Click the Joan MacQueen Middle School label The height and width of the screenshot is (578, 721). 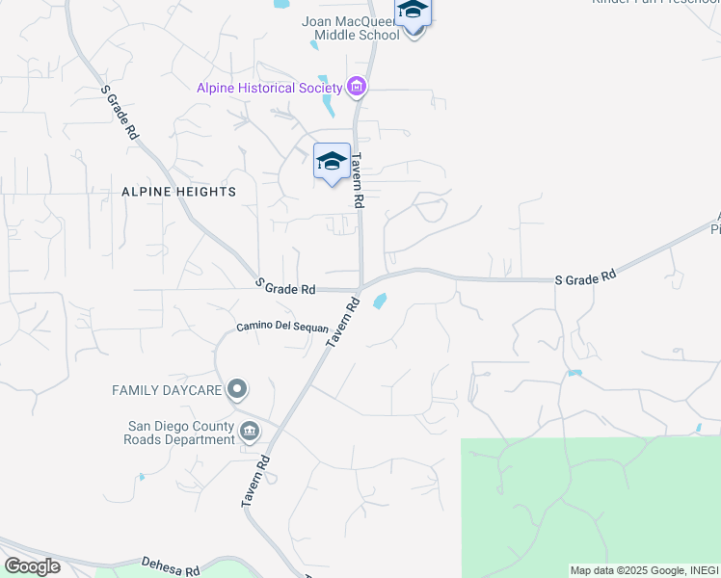[351, 28]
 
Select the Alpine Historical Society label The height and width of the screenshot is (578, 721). [270, 88]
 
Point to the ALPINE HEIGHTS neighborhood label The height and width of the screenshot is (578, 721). [179, 192]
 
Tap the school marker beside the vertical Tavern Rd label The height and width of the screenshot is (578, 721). [332, 162]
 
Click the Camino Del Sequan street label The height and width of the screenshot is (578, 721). [282, 328]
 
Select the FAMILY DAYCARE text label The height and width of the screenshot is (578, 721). [168, 390]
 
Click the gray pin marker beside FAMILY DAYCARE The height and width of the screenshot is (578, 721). [237, 390]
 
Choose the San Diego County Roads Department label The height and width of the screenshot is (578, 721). [182, 433]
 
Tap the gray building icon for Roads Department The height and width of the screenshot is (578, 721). [250, 431]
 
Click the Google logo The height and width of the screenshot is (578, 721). [32, 566]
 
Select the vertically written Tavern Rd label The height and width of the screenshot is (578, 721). [358, 181]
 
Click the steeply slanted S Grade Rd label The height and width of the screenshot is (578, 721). [120, 114]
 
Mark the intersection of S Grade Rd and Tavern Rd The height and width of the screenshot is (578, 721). [360, 286]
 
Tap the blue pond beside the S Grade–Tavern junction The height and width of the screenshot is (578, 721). [380, 302]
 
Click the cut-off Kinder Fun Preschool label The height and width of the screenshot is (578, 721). [655, 3]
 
